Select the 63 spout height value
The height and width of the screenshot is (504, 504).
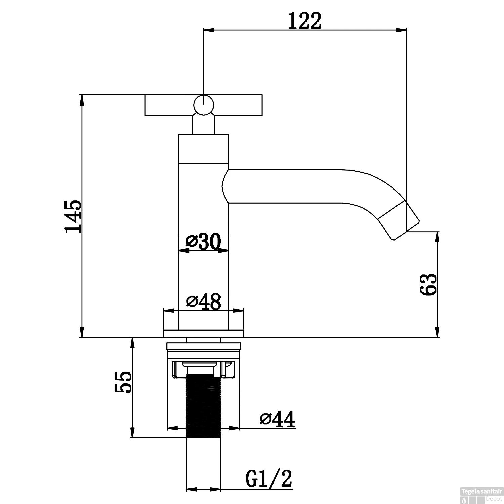[x=428, y=284]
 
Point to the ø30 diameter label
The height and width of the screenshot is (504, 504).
[x=204, y=242]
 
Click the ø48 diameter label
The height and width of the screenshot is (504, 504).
[x=204, y=301]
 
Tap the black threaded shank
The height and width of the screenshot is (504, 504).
[x=203, y=406]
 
